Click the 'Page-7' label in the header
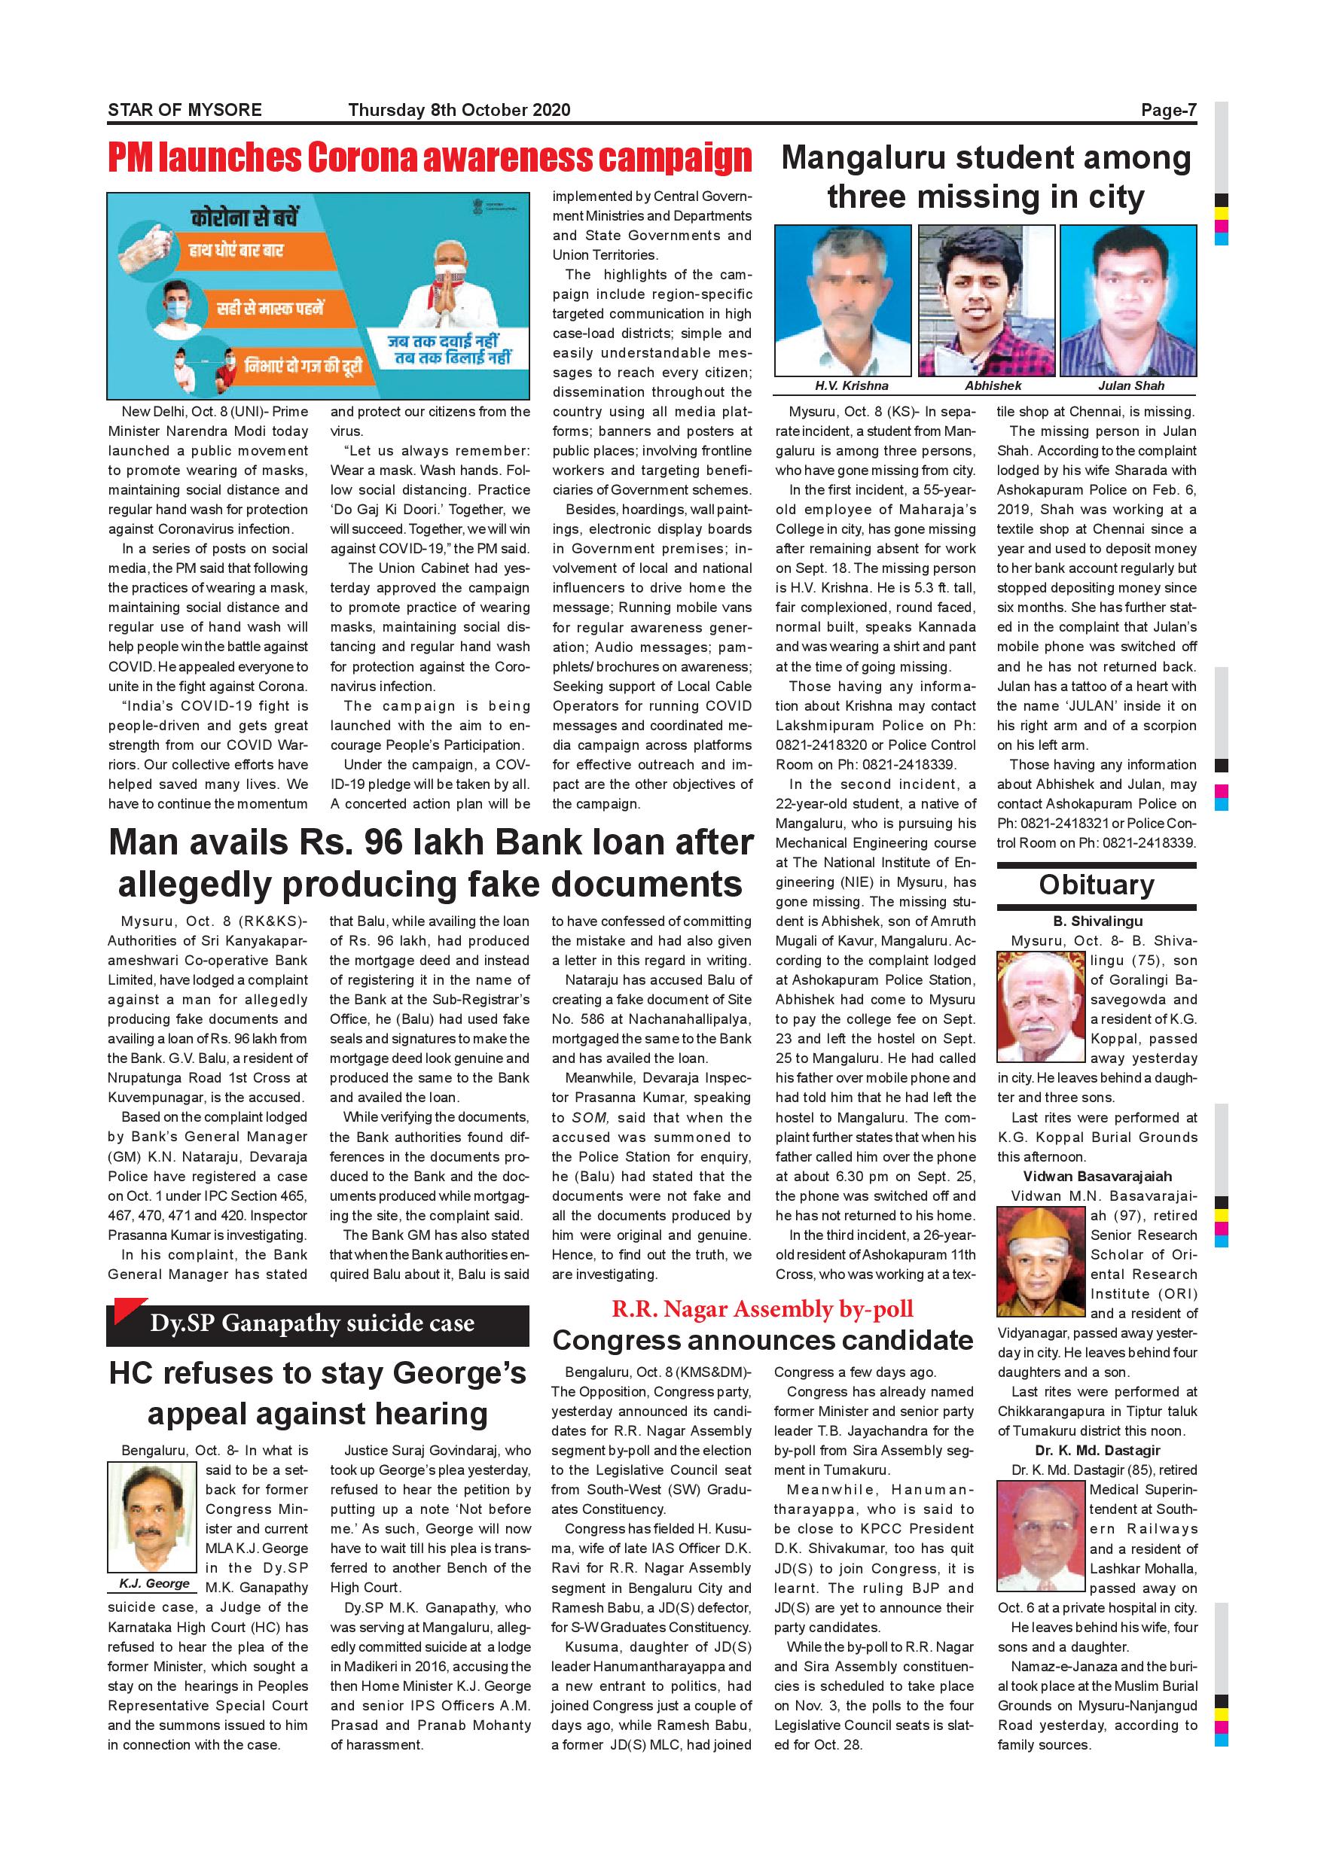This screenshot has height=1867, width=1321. (x=1168, y=110)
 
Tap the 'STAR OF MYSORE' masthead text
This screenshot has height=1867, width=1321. (x=185, y=110)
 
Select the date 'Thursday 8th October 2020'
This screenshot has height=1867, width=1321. (x=459, y=110)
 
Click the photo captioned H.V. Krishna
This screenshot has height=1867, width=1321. (x=843, y=300)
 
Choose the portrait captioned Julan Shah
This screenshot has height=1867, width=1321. (x=1128, y=300)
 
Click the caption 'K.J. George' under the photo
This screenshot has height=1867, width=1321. (x=154, y=1583)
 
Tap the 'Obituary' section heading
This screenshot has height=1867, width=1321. (x=1096, y=885)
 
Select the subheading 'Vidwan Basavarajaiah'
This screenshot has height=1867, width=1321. (x=1097, y=1176)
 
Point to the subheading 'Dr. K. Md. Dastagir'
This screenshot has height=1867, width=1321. (x=1097, y=1450)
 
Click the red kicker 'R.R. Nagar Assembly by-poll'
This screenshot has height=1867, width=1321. (x=762, y=1309)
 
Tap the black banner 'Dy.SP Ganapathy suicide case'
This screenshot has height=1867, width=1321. (x=312, y=1323)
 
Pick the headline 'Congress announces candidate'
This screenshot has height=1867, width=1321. (x=762, y=1339)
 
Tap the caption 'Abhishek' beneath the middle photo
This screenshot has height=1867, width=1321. (x=993, y=385)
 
